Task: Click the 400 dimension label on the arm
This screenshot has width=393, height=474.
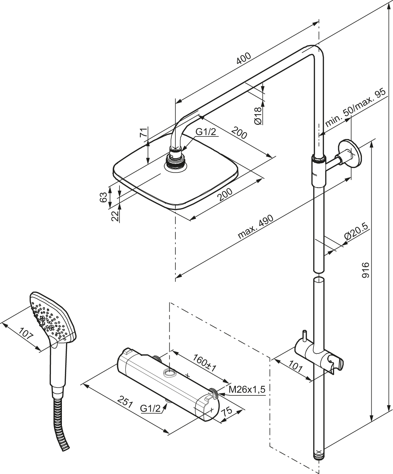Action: point(244,58)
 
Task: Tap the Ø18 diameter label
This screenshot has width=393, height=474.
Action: point(258,116)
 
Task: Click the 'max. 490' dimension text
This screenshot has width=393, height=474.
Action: point(256,227)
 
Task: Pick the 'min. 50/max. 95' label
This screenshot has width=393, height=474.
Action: point(355,108)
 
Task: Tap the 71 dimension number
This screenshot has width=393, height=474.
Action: point(143,132)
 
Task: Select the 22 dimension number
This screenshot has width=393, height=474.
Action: point(115,216)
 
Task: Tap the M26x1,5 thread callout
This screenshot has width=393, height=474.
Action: point(247,390)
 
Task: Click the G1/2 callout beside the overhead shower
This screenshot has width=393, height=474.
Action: point(206,132)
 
